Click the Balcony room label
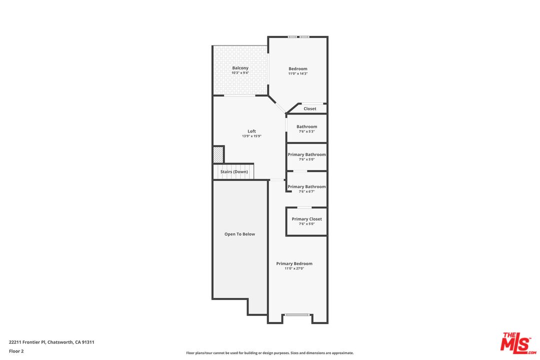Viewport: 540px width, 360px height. [x=240, y=68]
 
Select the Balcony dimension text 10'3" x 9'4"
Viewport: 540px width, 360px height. [x=240, y=73]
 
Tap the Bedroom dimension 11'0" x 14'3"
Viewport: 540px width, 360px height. [x=297, y=73]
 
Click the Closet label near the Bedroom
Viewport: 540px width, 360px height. [x=309, y=108]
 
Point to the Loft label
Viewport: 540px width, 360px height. [x=251, y=131]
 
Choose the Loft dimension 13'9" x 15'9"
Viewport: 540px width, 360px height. [x=251, y=136]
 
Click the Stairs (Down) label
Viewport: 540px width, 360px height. [x=234, y=171]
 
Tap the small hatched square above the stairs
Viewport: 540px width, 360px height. [x=218, y=154]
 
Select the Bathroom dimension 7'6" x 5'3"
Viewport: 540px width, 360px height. [x=306, y=131]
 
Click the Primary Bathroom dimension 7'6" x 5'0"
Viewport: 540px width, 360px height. [x=306, y=159]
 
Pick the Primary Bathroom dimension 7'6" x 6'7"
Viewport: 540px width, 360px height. [x=306, y=191]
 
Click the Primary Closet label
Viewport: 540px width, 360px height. [x=306, y=219]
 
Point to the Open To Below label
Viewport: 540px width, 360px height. [x=239, y=234]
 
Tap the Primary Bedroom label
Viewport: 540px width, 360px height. [x=294, y=263]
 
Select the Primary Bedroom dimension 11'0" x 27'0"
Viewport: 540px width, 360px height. [x=294, y=268]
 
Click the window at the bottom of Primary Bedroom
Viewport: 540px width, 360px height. [x=297, y=314]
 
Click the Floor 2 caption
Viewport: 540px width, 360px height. [x=16, y=351]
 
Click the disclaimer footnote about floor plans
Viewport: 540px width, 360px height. [x=269, y=353]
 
